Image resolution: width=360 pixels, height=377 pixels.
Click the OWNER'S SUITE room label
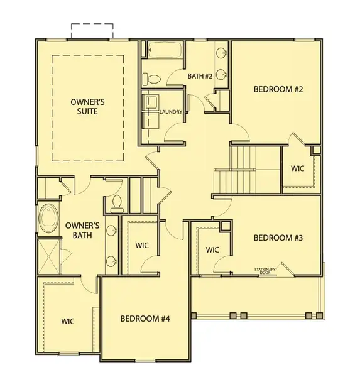click(87, 106)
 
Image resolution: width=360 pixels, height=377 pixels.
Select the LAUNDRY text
click(171, 112)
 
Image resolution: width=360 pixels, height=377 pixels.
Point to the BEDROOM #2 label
click(278, 90)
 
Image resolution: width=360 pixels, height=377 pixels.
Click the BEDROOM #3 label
click(278, 238)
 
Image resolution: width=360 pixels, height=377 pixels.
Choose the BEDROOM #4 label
click(145, 319)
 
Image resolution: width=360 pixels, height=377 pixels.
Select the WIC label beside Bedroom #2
click(298, 168)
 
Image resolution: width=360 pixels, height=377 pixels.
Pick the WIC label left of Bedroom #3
click(212, 250)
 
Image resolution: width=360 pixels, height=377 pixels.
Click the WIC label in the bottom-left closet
click(68, 321)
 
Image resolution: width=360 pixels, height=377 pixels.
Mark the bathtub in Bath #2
click(165, 50)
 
